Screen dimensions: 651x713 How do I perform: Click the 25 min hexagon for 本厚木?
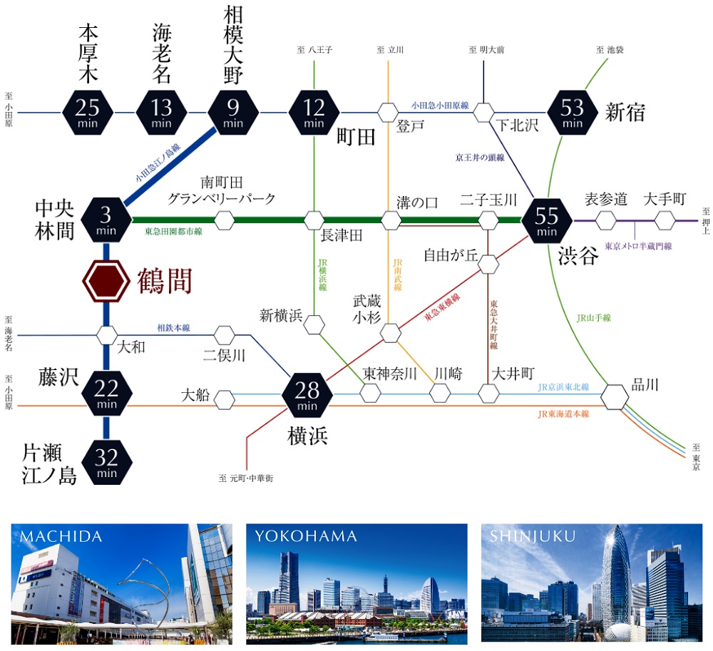[x=88, y=112]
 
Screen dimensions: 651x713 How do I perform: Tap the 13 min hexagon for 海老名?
[x=162, y=112]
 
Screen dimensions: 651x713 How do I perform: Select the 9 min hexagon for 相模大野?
[x=233, y=112]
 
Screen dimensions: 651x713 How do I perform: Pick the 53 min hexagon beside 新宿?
[x=573, y=112]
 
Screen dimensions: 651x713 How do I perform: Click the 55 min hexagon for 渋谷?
[x=547, y=220]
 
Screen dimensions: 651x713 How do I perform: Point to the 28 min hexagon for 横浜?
[x=308, y=394]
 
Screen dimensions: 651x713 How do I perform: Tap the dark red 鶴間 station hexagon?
[x=106, y=281]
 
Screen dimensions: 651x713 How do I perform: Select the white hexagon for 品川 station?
[x=615, y=397]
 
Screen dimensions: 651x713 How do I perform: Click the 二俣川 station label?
[x=224, y=354]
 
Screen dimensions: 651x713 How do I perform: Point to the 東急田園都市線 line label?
[x=173, y=232]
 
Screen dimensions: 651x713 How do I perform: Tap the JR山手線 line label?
[x=593, y=318]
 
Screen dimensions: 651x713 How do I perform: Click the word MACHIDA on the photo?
[x=62, y=536]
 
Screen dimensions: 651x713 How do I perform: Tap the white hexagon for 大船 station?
[x=225, y=399]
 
